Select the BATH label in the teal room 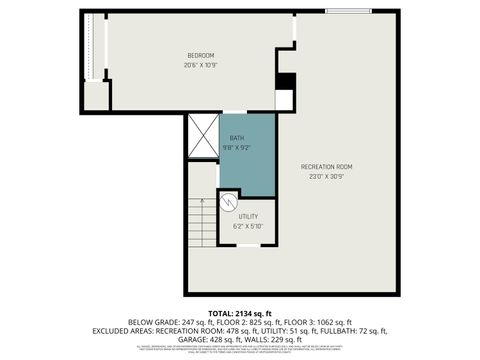coord(237,138)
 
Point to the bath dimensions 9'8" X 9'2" coord(237,148)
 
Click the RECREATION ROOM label coord(327,166)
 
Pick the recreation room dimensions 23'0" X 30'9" coord(327,177)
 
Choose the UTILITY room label coord(248,216)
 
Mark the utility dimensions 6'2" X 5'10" coord(248,226)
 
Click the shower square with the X coord(202,138)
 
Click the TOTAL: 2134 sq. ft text coord(240,313)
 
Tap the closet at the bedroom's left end coord(96,60)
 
